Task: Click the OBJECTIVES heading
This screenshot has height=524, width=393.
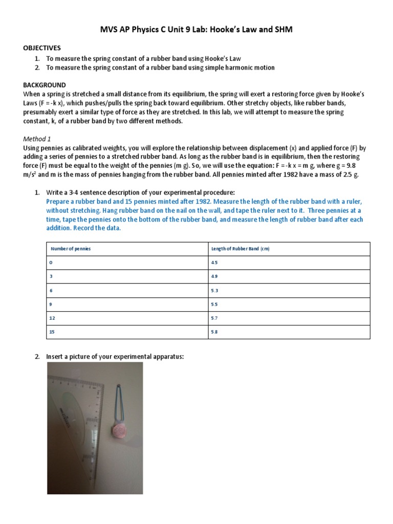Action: click(x=42, y=48)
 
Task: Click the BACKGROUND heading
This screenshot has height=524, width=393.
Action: click(x=44, y=84)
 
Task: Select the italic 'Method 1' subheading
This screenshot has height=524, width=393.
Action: click(x=37, y=139)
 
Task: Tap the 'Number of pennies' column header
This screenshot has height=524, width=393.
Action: click(x=71, y=249)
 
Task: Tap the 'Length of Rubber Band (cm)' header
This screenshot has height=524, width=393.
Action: click(x=240, y=249)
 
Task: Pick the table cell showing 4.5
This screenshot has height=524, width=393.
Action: click(x=214, y=263)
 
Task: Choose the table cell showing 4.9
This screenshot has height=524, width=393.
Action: click(x=214, y=276)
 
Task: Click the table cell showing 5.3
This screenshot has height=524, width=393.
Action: click(x=214, y=290)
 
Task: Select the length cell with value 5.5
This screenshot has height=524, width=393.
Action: click(x=214, y=304)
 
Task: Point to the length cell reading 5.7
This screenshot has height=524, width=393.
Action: click(x=214, y=318)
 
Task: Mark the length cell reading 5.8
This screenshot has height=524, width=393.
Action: click(x=214, y=332)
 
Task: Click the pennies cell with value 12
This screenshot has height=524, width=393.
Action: click(x=52, y=318)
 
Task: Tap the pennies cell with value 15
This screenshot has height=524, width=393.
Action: click(x=52, y=332)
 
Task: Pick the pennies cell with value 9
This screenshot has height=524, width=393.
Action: click(x=51, y=304)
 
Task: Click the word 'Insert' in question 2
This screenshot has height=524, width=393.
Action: click(x=55, y=357)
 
